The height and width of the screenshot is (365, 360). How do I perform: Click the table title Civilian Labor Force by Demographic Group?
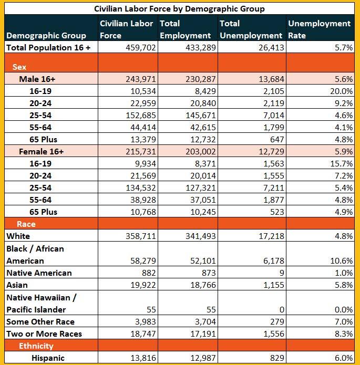(x=179, y=8)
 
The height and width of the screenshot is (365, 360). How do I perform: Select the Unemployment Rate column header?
(x=319, y=29)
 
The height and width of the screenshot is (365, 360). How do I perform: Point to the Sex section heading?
(x=19, y=67)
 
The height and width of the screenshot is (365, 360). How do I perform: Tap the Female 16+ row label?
(x=41, y=151)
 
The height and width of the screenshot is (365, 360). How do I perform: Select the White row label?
(x=18, y=236)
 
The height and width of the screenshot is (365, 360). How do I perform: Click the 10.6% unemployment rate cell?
(x=341, y=261)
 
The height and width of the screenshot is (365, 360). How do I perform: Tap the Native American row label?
(x=39, y=273)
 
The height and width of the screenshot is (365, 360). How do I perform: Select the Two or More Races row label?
(x=44, y=334)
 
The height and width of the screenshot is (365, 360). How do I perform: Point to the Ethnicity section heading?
(x=36, y=346)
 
